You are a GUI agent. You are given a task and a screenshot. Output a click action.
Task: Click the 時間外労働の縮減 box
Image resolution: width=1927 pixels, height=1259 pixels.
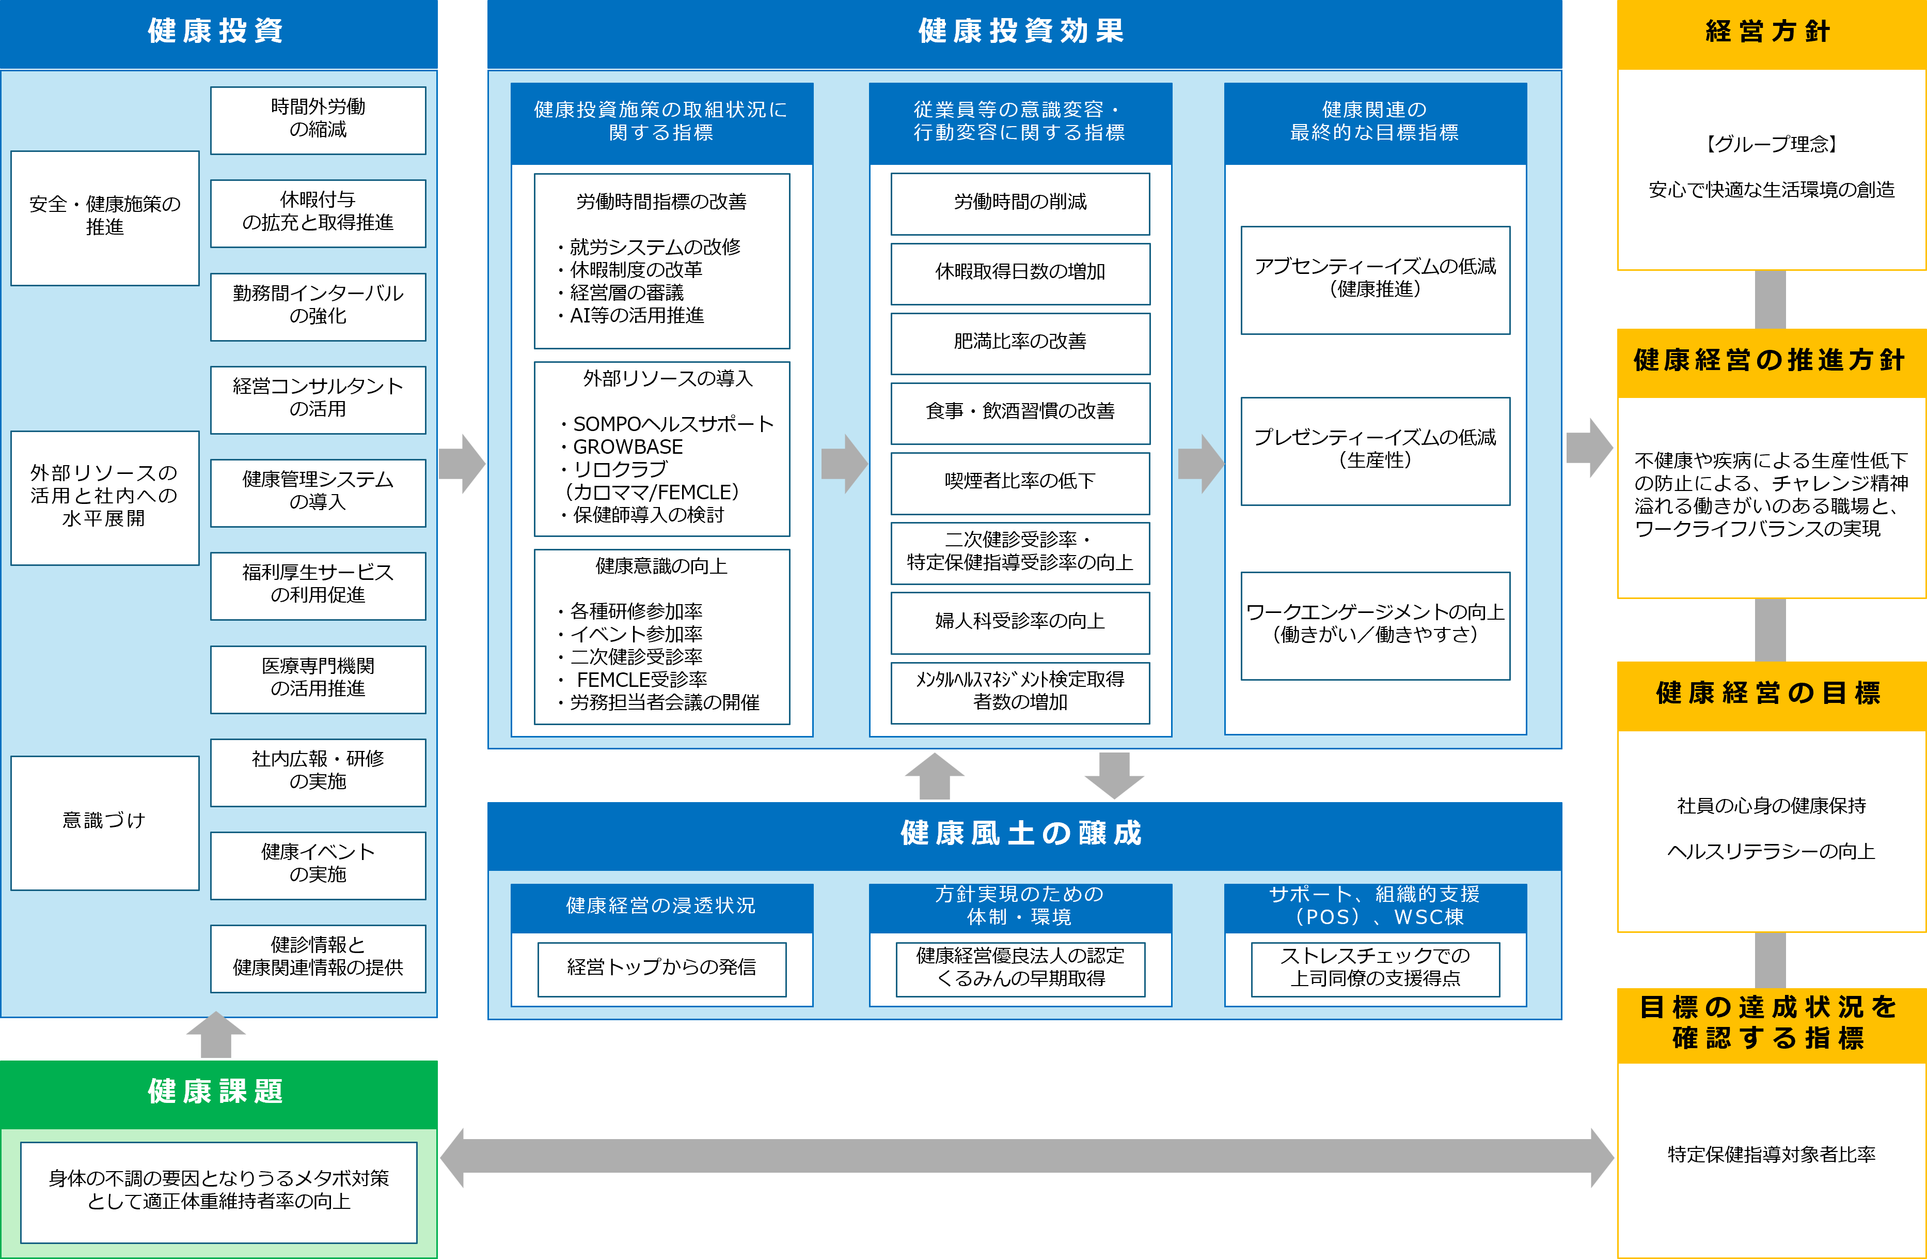point(318,120)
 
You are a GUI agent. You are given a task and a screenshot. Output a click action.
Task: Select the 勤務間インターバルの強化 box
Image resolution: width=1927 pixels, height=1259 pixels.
point(318,306)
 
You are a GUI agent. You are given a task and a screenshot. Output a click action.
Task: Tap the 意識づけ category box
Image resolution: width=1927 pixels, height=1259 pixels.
point(104,822)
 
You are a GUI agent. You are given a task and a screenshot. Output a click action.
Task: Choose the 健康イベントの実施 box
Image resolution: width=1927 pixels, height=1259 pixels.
point(318,865)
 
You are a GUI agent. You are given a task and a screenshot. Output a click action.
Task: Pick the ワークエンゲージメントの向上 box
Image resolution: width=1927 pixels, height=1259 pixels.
point(1375,625)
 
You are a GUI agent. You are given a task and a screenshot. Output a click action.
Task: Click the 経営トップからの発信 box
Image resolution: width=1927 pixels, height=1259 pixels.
point(661,968)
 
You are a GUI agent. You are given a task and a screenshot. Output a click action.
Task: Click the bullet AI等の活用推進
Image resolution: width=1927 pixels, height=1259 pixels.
point(637,316)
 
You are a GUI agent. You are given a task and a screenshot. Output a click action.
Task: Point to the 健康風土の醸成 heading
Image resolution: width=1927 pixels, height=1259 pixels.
point(1022,834)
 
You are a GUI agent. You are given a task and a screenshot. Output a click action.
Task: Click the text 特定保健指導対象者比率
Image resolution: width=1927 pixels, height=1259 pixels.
point(1771,1155)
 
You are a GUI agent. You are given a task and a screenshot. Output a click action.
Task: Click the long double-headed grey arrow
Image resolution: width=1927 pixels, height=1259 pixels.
point(1026,1157)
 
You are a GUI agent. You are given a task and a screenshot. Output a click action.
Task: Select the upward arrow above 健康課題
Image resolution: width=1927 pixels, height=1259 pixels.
point(215,1035)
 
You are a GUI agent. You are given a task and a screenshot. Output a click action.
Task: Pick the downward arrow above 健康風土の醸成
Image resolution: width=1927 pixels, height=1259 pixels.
point(1114,775)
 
